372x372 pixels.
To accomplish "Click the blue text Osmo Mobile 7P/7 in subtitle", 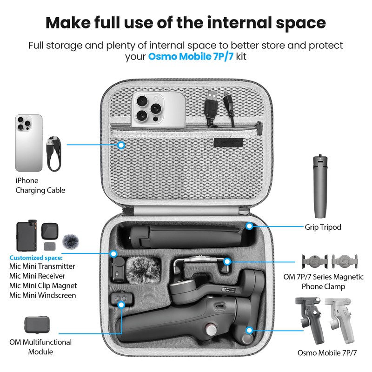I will pyautogui.click(x=191, y=57).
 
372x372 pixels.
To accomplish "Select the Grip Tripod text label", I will pyautogui.click(x=323, y=227).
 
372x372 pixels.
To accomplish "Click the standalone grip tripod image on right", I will pyautogui.click(x=320, y=186).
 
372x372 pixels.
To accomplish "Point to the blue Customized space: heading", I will pyautogui.click(x=36, y=257).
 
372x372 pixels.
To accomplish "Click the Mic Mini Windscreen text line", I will pyautogui.click(x=43, y=295).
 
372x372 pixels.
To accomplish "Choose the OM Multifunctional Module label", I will pyautogui.click(x=40, y=346).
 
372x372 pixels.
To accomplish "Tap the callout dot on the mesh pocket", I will pyautogui.click(x=121, y=145).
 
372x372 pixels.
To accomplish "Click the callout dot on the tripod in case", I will pyautogui.click(x=250, y=226).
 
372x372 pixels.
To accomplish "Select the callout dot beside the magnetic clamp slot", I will pyautogui.click(x=227, y=261).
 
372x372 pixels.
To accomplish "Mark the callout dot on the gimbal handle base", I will pyautogui.click(x=249, y=331).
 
